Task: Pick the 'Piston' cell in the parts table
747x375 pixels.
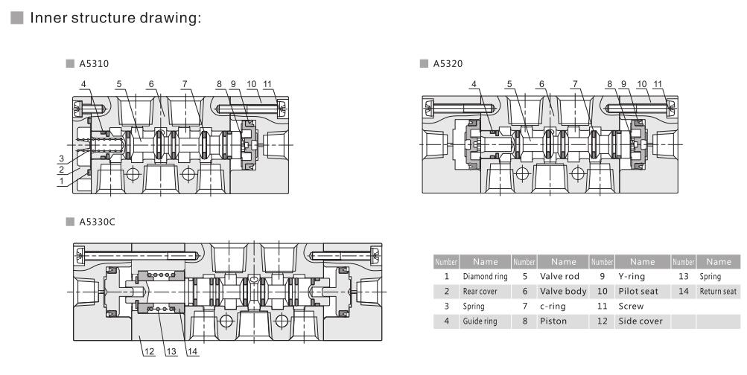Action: (553, 320)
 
